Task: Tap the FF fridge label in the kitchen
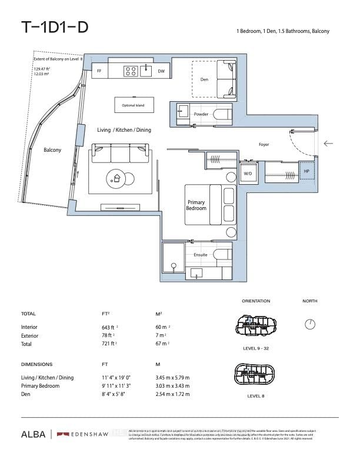(x=99, y=71)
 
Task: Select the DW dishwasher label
(x=161, y=71)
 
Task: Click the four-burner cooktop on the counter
(x=130, y=71)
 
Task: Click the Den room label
(x=204, y=79)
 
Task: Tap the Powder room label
(x=201, y=114)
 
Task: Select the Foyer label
(x=264, y=144)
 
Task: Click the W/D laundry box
(x=248, y=174)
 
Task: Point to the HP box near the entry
(x=306, y=171)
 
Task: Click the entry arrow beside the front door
(x=328, y=143)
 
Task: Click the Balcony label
(x=52, y=150)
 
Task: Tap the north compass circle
(x=310, y=324)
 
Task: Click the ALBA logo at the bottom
(x=34, y=434)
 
